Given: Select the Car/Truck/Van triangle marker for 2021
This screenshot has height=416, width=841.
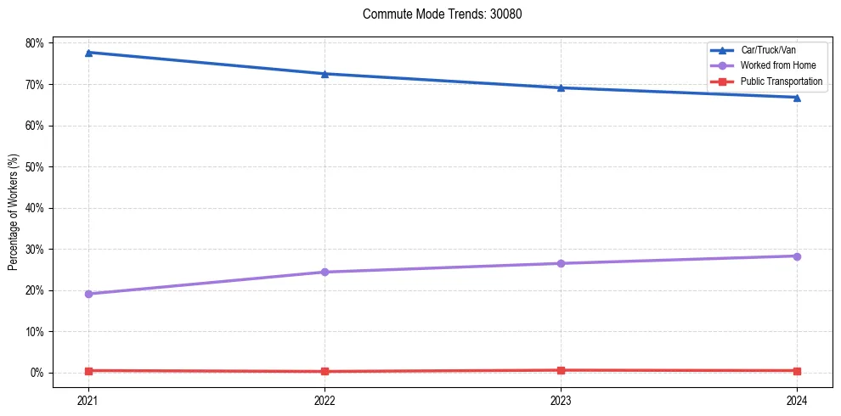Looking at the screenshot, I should click(88, 53).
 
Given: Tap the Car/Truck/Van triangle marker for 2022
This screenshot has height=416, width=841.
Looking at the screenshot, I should click(325, 74).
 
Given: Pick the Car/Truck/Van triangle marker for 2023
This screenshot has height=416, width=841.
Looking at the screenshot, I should click(561, 87).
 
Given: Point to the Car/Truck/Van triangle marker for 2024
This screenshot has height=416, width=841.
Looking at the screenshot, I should click(797, 98).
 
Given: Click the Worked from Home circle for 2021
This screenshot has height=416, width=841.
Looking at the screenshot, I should click(88, 294).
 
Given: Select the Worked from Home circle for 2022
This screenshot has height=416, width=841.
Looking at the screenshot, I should click(325, 272).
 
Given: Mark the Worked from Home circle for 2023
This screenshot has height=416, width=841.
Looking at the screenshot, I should click(561, 263).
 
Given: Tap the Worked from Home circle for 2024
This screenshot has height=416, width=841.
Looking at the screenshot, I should click(797, 256).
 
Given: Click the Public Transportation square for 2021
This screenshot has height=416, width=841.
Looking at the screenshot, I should click(88, 370).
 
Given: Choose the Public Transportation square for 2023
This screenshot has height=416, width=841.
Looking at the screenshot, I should click(561, 370).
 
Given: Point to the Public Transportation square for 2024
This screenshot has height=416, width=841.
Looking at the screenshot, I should click(797, 371).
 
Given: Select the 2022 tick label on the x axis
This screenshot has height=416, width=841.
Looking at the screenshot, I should click(325, 399).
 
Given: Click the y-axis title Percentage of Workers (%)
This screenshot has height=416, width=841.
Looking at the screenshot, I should click(14, 212).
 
